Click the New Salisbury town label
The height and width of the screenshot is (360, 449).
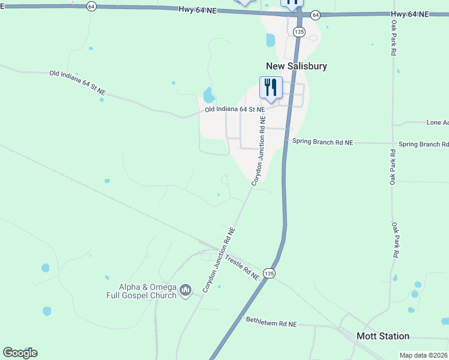297,66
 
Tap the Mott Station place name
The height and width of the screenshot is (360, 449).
383,336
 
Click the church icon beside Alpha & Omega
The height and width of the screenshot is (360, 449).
185,291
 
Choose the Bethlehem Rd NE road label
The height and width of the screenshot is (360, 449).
271,322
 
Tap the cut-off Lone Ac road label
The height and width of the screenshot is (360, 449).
438,122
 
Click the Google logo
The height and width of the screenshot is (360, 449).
20,353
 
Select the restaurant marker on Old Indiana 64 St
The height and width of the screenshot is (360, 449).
270,88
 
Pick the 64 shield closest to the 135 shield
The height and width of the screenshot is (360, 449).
316,14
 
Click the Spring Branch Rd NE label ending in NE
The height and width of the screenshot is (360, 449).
322,142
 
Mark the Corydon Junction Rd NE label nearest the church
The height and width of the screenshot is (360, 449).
218,260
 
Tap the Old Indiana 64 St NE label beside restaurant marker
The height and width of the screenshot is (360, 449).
234,110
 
